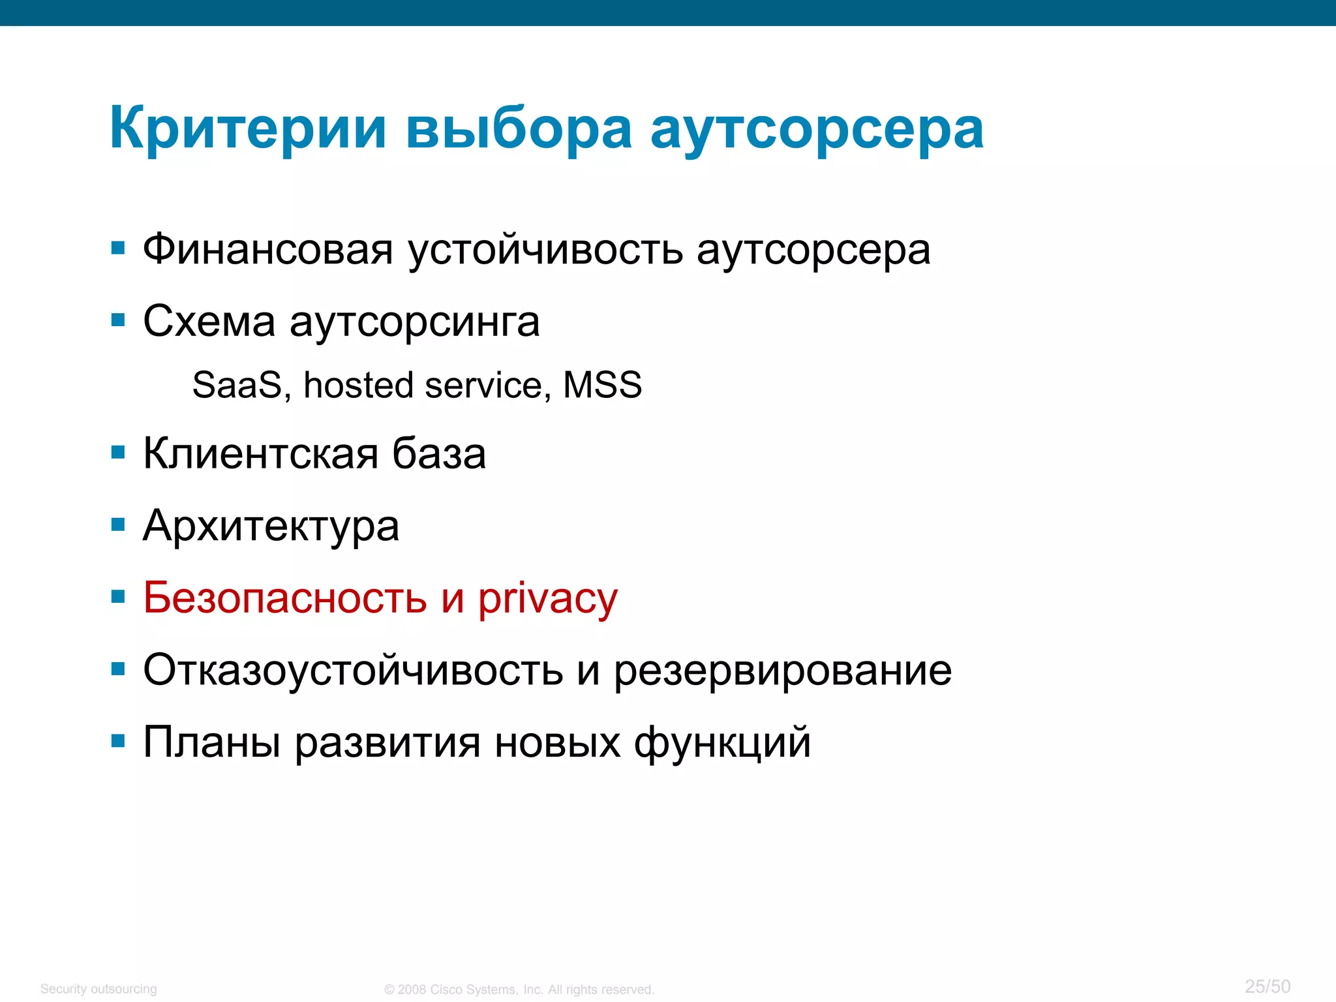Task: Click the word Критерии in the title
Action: click(248, 129)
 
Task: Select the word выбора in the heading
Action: click(519, 129)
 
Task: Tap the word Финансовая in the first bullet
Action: click(268, 250)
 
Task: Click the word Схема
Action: click(209, 322)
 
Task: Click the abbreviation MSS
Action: click(601, 385)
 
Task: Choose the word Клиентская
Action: click(260, 454)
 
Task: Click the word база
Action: click(439, 454)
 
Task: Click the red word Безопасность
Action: click(285, 598)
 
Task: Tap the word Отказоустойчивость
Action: click(353, 671)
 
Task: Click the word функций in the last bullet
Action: click(722, 743)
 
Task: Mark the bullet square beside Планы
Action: click(118, 741)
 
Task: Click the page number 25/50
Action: click(1267, 986)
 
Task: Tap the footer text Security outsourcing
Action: click(99, 989)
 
